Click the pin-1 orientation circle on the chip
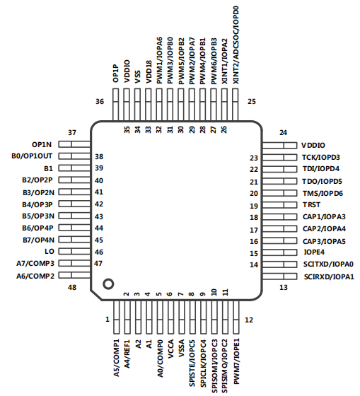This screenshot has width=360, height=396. coord(108,284)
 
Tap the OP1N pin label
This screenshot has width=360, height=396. coord(42,145)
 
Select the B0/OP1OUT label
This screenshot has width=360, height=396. coord(32,156)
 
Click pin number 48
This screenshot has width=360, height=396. coord(72,287)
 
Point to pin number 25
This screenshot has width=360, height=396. coord(252,102)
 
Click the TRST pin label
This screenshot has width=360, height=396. coord(311,204)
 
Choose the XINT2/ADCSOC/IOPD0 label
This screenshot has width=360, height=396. coord(236,45)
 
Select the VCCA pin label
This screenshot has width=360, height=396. coord(170,349)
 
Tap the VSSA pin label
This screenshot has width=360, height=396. coord(181,348)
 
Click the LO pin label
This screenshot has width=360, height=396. coord(50,252)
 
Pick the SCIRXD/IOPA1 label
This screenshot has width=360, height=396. coord(329,276)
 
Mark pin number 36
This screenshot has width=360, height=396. coord(100,102)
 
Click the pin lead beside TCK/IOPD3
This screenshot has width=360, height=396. coord(279,157)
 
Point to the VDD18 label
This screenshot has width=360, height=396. coord(149,72)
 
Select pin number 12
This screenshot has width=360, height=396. coord(249,320)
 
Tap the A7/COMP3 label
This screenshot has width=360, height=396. coord(35,263)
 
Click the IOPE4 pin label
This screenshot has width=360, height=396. coord(314,252)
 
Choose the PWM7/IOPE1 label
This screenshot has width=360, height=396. coord(236,361)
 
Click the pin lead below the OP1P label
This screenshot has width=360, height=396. coord(115,105)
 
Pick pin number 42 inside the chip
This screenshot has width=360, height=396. coord(99,204)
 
